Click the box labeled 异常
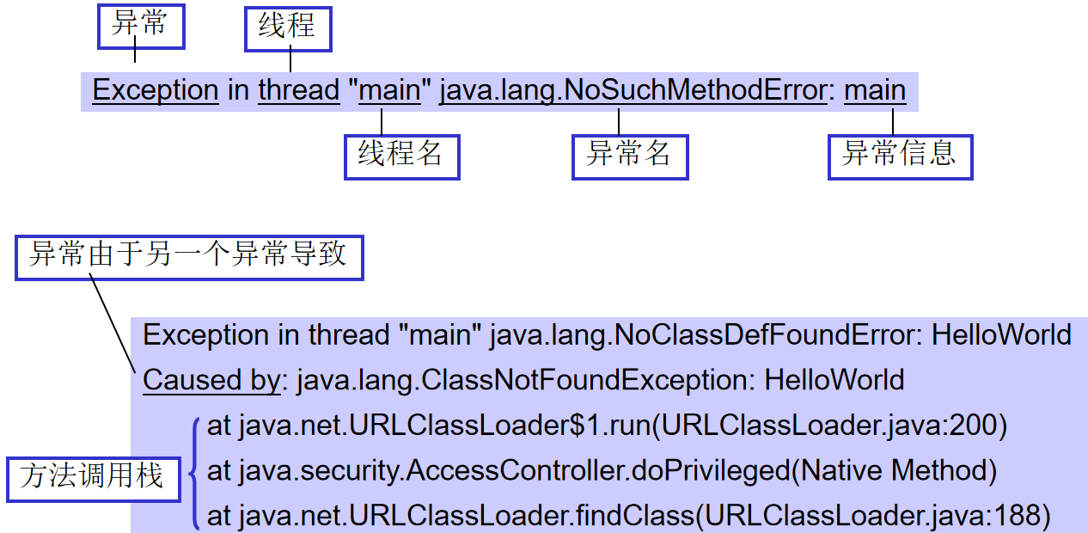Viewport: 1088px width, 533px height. [x=141, y=27]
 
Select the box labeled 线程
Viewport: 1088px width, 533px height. [x=288, y=29]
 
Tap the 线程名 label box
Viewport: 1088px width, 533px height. [x=401, y=156]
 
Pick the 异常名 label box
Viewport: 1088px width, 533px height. [x=630, y=156]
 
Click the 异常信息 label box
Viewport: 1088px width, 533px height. [x=900, y=156]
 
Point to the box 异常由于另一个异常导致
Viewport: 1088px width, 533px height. [x=189, y=257]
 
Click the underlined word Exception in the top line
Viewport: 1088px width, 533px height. [x=156, y=90]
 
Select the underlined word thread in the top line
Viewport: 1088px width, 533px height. [x=299, y=90]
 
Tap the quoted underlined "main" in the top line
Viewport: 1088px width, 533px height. [x=389, y=90]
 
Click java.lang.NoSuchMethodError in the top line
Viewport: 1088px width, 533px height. [x=633, y=90]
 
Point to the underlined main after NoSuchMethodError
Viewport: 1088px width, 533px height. [x=875, y=90]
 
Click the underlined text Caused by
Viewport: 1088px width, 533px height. [x=211, y=380]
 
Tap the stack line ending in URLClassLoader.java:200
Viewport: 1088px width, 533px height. [x=607, y=425]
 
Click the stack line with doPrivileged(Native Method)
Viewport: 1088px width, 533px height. [x=602, y=470]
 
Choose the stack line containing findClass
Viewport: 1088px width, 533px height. [x=629, y=516]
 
